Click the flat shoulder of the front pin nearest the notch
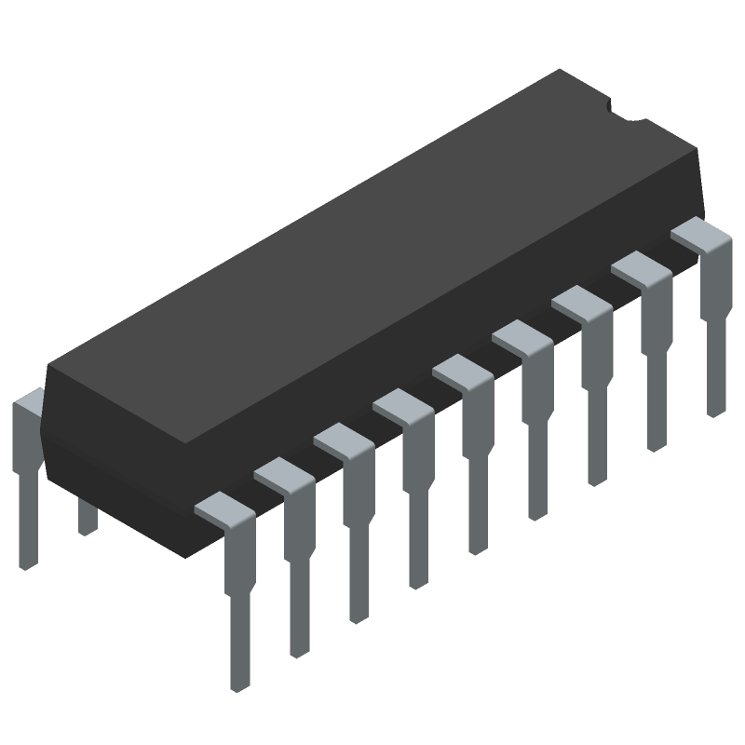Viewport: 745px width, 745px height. coord(700,233)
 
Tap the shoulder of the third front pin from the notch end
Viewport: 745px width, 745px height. coord(581,302)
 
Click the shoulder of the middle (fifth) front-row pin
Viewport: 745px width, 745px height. coord(462,371)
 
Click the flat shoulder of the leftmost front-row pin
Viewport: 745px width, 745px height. coord(223,508)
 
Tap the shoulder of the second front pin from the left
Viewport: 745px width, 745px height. coord(283,474)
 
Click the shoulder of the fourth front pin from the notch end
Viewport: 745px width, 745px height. coord(521,336)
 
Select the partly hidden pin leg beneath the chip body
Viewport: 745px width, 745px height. coord(88,517)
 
